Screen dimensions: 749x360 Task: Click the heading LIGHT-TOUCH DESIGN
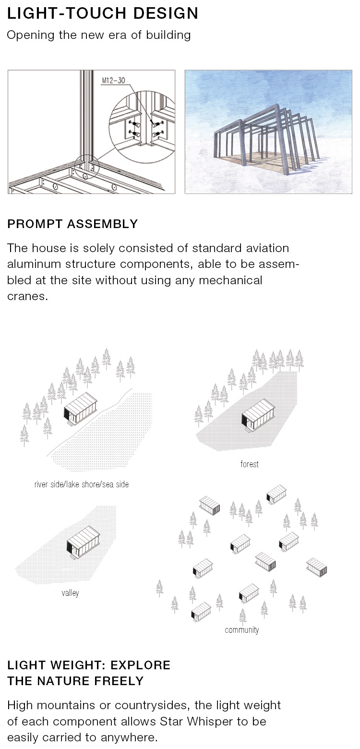102,13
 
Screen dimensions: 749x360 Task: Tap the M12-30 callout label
113,80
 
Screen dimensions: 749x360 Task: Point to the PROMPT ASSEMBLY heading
72,224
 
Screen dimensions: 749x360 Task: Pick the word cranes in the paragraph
26,296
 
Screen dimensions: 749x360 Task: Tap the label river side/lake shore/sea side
82,484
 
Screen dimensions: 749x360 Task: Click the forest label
250,464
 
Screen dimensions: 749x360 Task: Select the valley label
70,593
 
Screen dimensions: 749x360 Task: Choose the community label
242,630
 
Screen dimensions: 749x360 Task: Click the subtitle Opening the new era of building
98,36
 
